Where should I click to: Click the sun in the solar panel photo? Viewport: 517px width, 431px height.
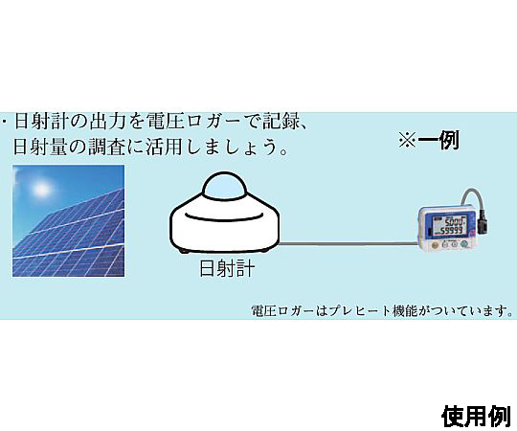point(42,190)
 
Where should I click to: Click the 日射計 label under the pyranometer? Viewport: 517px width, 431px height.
point(227,268)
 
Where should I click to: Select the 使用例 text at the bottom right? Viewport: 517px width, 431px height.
point(476,417)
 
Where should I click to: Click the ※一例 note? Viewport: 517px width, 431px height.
point(429,140)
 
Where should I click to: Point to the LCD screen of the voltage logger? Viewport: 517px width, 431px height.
point(450,226)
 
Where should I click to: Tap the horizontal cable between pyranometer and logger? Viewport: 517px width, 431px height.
point(348,243)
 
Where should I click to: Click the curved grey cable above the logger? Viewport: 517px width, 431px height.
point(471,197)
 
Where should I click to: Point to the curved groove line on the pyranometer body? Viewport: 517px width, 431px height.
point(224,217)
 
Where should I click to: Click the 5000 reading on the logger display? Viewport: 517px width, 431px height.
point(455,221)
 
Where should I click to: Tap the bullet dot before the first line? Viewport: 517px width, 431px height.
point(4,121)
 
